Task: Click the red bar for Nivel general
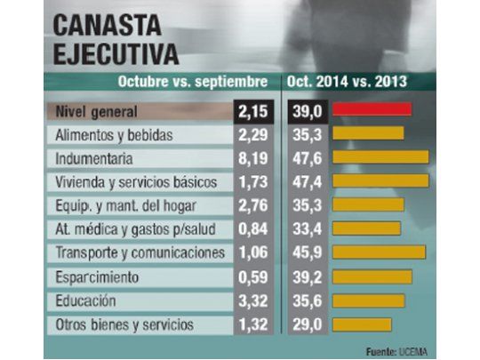(x=372, y=110)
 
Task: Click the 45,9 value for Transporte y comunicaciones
(x=308, y=253)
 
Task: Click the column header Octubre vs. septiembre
(x=193, y=83)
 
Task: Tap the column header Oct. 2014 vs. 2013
(x=348, y=83)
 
